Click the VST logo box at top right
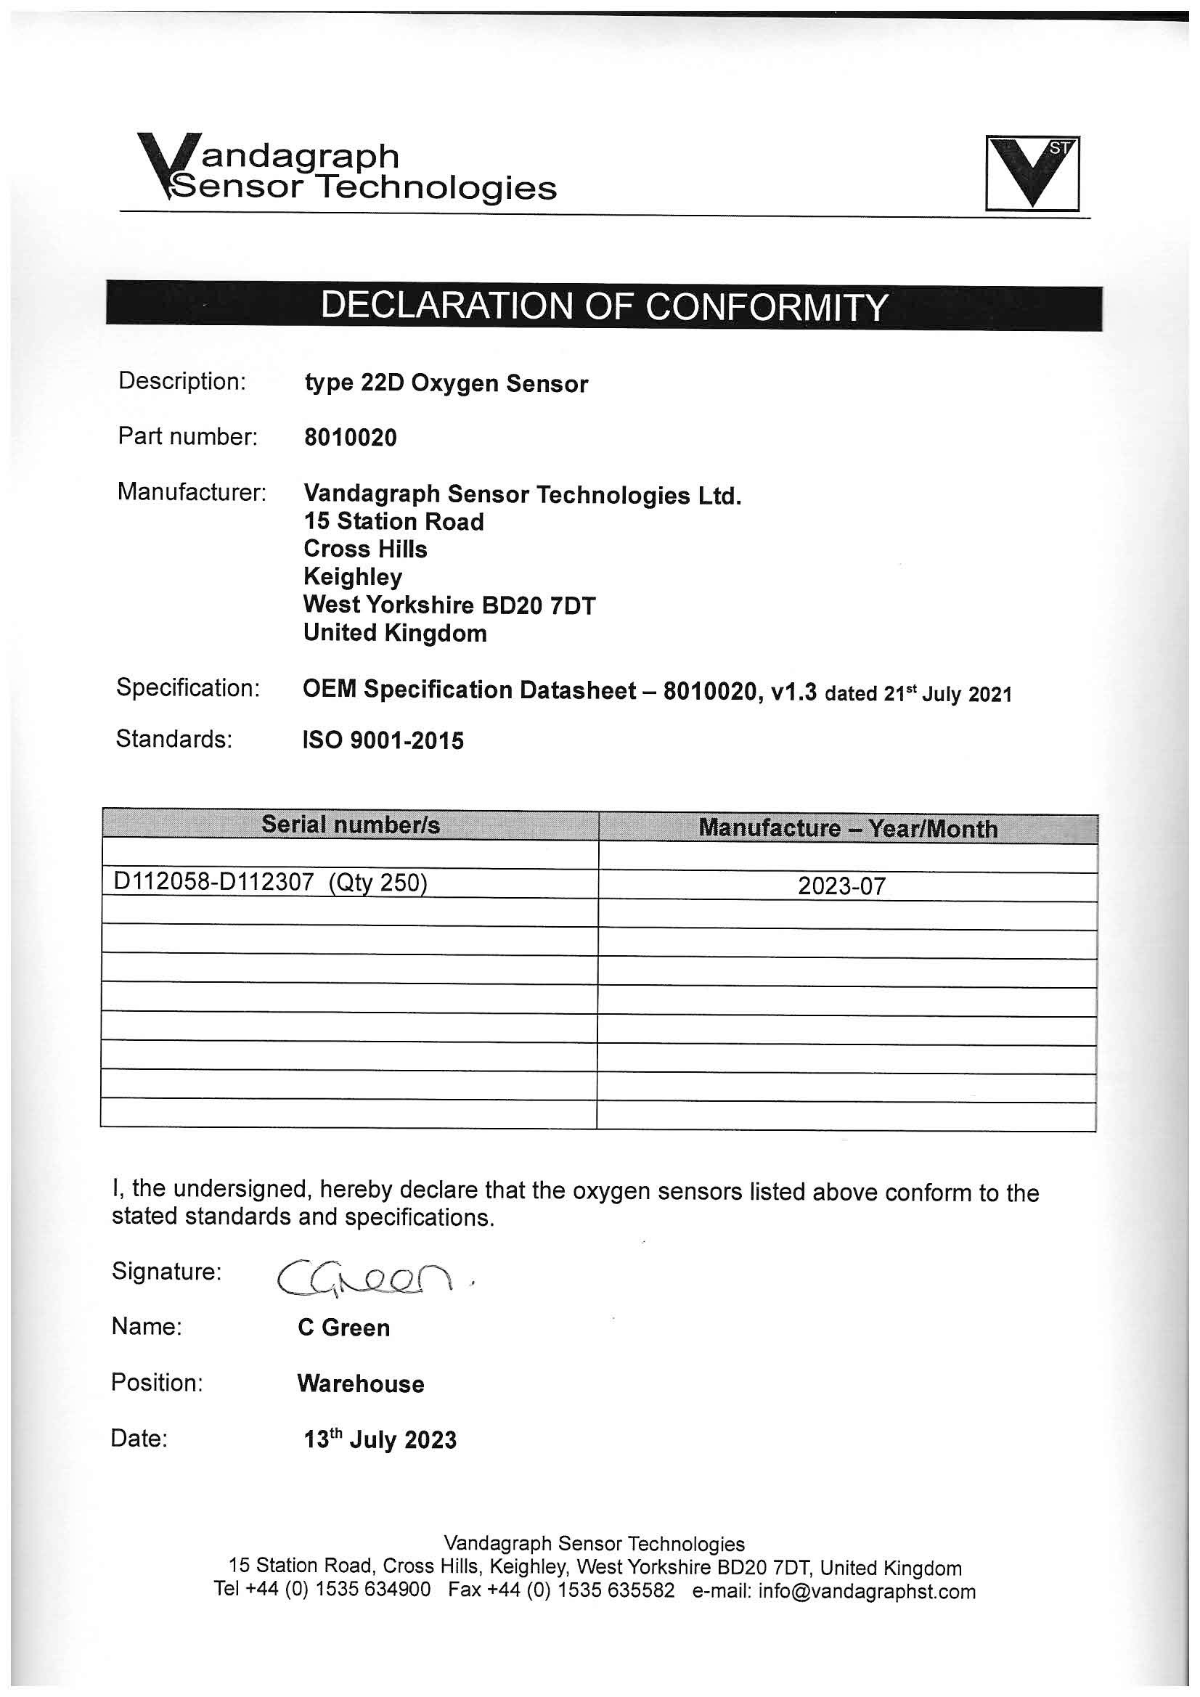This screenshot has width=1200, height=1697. point(1032,173)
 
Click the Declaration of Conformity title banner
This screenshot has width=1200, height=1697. point(603,306)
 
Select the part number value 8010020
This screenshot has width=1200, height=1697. point(351,438)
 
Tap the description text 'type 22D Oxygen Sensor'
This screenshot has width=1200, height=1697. point(446,383)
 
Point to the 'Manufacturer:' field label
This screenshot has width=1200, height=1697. point(192,491)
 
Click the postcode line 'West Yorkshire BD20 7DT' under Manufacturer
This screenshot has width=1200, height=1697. point(449,605)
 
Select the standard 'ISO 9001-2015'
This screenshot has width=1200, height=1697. point(383,740)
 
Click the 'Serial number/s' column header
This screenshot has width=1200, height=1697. point(351,825)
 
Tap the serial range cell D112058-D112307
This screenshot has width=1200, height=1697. point(271,883)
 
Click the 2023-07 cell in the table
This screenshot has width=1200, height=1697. point(841,886)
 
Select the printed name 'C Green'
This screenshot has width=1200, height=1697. point(344,1328)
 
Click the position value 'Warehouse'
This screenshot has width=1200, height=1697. point(361,1383)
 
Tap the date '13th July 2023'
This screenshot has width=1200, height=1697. point(380,1440)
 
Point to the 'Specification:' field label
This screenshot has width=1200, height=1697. point(188,688)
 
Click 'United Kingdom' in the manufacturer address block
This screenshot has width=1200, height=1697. point(395,634)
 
